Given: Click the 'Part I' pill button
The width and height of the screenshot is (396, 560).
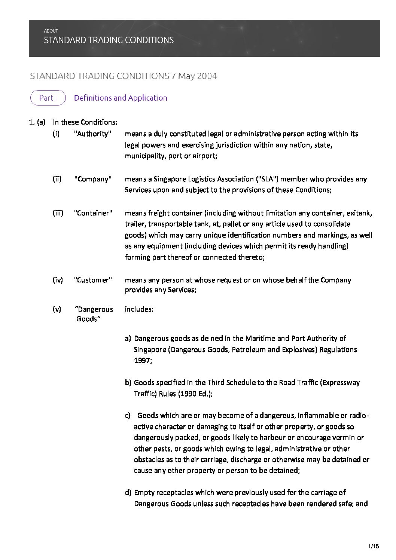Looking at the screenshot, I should pyautogui.click(x=48, y=98).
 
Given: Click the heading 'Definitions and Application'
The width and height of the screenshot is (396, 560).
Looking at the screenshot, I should pyautogui.click(x=121, y=98).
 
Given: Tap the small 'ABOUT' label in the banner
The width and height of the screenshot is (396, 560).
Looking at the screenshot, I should pyautogui.click(x=51, y=31).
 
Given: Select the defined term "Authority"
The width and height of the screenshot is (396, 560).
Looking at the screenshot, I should pyautogui.click(x=93, y=134).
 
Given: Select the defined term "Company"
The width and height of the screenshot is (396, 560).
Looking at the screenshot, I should pyautogui.click(x=93, y=179).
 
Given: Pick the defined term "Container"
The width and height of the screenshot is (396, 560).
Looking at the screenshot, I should pyautogui.click(x=93, y=213).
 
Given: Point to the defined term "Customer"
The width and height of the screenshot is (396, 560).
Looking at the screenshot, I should pyautogui.click(x=93, y=280).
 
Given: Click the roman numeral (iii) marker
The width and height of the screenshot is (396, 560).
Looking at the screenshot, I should pyautogui.click(x=58, y=213).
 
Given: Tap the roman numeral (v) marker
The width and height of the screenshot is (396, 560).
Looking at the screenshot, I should pyautogui.click(x=57, y=309).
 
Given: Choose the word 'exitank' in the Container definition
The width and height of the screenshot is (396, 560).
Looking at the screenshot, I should pyautogui.click(x=359, y=213).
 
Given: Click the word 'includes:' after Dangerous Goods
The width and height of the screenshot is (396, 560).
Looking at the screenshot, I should pyautogui.click(x=139, y=309).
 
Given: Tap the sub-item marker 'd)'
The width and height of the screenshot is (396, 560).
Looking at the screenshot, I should pyautogui.click(x=128, y=493).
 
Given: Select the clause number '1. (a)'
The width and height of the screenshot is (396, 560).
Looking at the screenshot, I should pyautogui.click(x=37, y=122).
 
